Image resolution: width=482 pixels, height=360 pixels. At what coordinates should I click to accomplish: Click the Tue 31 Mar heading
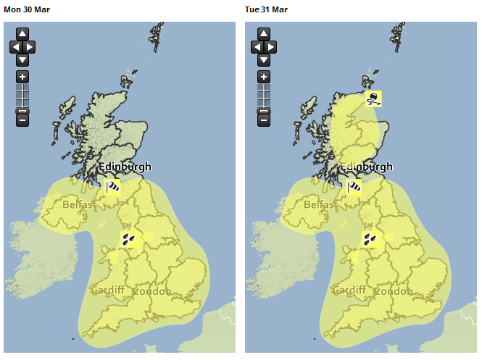265,9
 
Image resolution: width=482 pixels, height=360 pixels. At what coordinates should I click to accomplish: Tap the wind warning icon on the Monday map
112,188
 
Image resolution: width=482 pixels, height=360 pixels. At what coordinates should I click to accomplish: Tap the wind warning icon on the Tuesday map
354,188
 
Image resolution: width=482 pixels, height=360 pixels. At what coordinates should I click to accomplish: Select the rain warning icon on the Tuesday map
370,239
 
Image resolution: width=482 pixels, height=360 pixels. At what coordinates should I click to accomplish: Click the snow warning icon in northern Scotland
373,98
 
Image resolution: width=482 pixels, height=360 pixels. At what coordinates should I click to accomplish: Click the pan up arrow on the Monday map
22,34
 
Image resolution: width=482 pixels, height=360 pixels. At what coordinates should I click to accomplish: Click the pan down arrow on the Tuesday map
264,60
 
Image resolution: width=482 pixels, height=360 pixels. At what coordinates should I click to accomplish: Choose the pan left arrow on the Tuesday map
257,47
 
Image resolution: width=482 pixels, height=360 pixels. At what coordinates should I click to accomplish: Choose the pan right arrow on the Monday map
30,47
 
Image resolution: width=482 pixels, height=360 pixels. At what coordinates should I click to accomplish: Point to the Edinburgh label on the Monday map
125,167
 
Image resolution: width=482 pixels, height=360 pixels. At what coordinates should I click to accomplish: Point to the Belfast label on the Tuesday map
320,205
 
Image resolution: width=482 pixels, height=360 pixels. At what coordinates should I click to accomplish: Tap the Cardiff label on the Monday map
108,290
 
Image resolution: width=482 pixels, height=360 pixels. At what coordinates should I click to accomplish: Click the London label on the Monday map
153,291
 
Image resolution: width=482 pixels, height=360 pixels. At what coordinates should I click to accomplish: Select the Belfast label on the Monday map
78,205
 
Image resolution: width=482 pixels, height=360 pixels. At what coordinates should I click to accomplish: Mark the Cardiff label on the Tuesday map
349,290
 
